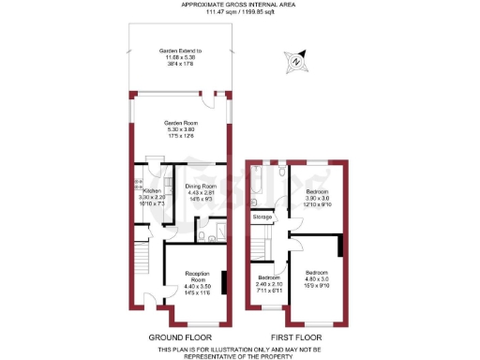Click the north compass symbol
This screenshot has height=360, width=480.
(295, 63)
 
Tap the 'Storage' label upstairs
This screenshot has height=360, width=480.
(262, 217)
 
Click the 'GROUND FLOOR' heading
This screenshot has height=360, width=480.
(180, 337)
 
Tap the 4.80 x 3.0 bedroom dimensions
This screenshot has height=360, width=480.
(317, 278)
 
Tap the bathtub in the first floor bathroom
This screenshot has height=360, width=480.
(257, 186)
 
